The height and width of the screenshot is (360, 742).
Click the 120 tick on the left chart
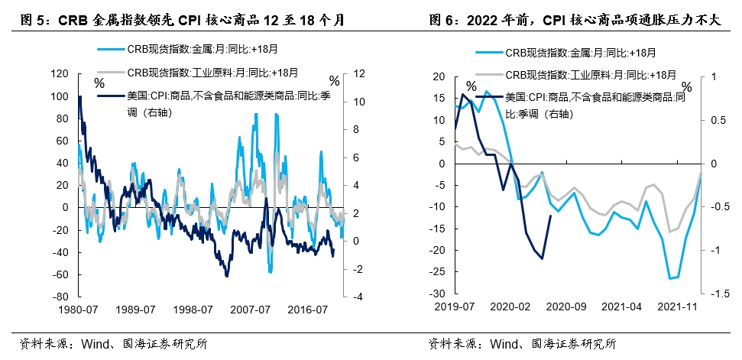tap(58, 74)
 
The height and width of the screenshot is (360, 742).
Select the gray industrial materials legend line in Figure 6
tap(489, 75)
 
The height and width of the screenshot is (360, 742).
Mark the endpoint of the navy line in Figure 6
tap(551, 216)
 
